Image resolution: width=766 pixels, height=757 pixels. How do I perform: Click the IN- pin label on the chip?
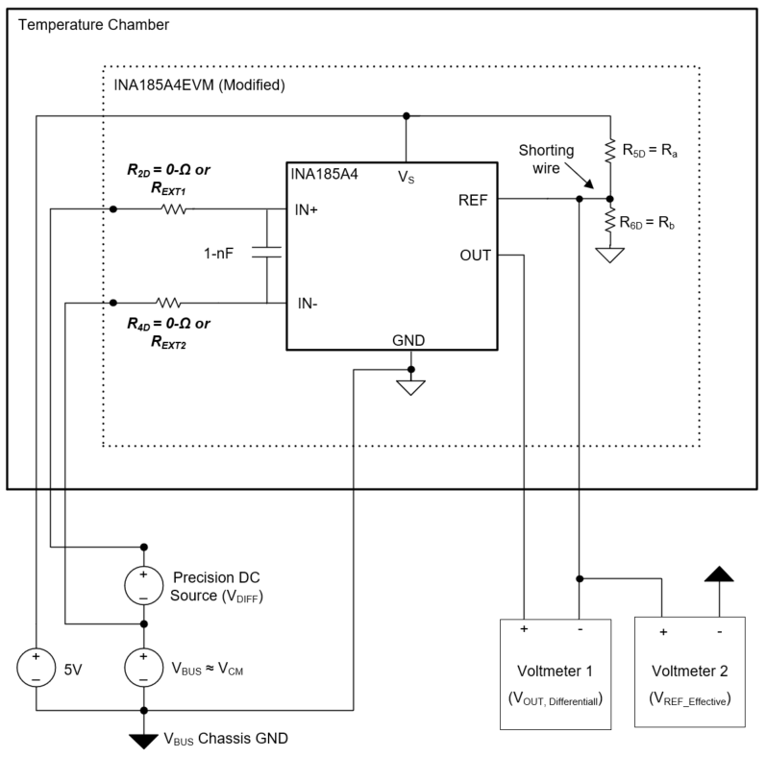(308, 304)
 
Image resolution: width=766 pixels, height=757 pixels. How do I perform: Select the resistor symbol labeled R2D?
(174, 208)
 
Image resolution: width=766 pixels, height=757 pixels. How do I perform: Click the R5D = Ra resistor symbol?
(609, 151)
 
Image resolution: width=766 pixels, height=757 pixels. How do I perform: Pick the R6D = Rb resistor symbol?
(609, 222)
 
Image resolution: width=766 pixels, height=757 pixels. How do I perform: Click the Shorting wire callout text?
(549, 159)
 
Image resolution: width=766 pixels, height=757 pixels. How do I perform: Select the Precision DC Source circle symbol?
(144, 584)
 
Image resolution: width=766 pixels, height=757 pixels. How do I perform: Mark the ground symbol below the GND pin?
(411, 388)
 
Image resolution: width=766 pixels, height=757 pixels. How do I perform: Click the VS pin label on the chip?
(406, 177)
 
